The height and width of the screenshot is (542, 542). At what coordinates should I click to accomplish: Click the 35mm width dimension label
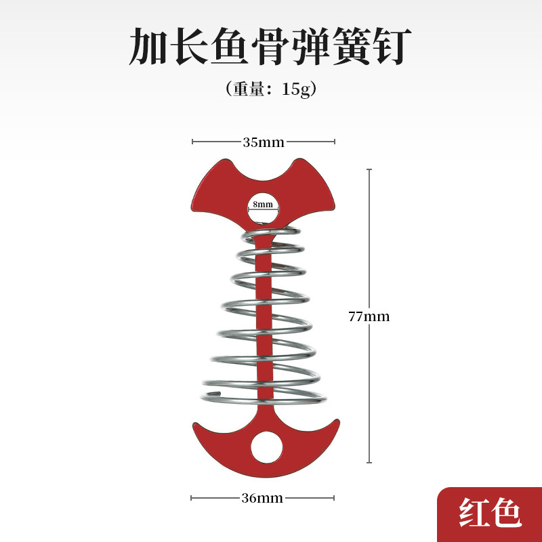click(264, 142)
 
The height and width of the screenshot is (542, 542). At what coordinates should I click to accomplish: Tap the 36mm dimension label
click(262, 499)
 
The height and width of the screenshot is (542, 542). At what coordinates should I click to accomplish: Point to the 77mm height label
click(369, 316)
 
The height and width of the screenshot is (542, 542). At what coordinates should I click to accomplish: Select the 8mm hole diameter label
click(263, 203)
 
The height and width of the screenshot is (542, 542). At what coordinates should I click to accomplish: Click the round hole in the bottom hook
click(266, 448)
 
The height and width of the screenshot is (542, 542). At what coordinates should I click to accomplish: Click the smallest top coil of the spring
click(271, 234)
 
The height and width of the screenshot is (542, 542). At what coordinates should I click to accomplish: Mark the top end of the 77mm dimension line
click(369, 169)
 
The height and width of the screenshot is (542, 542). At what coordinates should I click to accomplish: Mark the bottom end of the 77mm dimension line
click(369, 463)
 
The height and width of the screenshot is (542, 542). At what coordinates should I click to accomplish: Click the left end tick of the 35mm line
click(193, 142)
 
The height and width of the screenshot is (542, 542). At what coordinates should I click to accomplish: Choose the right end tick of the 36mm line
click(334, 499)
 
